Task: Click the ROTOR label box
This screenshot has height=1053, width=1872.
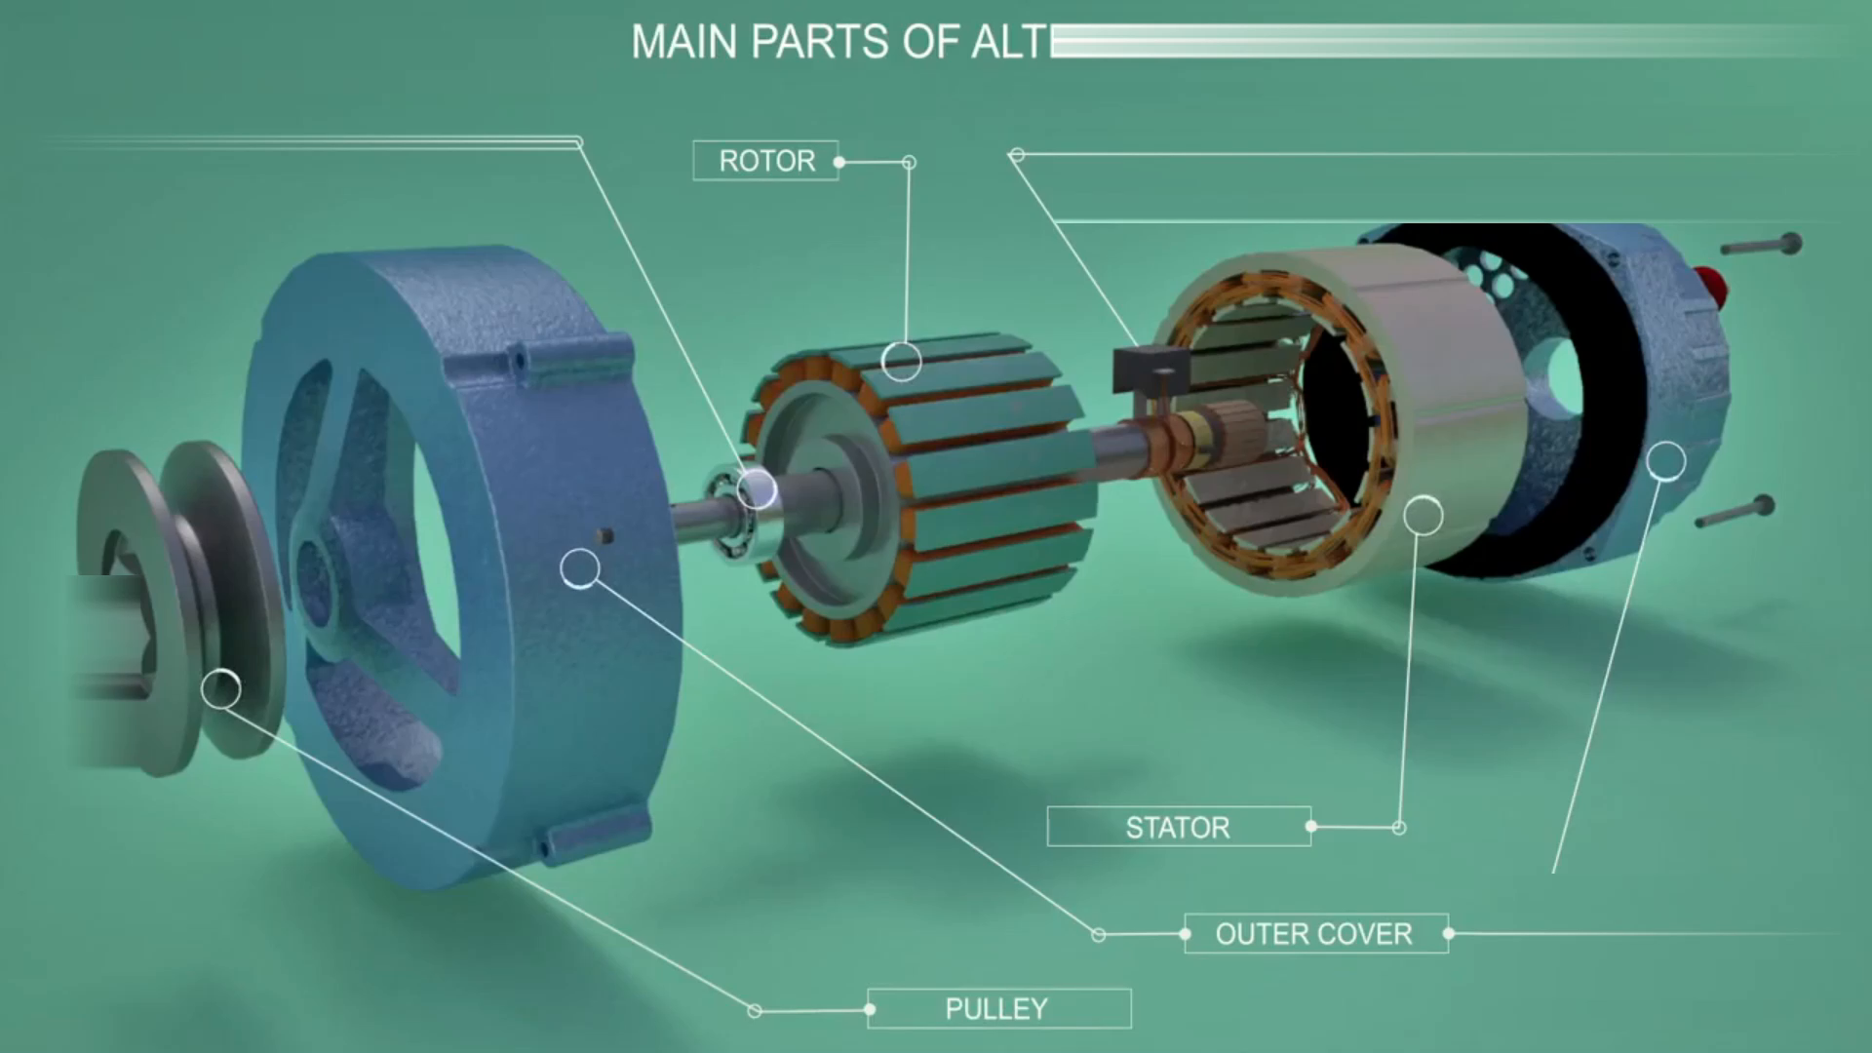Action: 765,161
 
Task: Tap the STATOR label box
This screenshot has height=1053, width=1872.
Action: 1179,827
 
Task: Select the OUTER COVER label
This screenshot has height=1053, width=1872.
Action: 1315,934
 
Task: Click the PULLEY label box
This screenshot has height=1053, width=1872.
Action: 998,1008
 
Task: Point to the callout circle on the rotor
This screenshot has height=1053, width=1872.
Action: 902,361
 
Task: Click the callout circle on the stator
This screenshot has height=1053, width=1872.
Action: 1423,514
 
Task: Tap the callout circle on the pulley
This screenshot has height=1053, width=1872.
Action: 221,688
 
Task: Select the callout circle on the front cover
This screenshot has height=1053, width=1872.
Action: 580,567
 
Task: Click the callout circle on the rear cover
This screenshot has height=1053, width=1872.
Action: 1666,460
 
